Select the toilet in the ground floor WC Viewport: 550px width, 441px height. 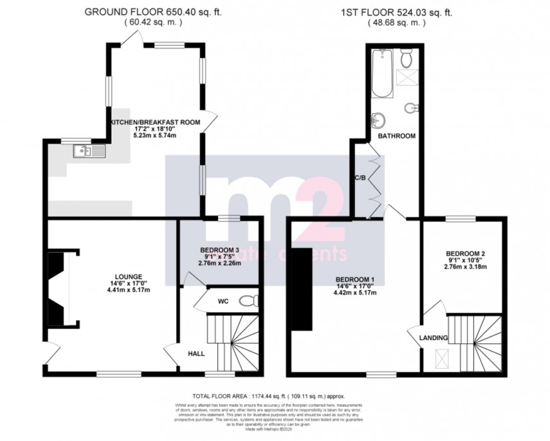click(x=248, y=301)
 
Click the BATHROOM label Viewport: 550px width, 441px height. click(x=396, y=136)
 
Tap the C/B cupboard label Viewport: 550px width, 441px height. click(x=360, y=178)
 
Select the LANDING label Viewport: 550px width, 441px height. click(x=432, y=337)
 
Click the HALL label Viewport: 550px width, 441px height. click(x=196, y=353)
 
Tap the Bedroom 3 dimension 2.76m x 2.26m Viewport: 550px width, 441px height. click(x=219, y=263)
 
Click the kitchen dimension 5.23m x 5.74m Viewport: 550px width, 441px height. click(x=154, y=135)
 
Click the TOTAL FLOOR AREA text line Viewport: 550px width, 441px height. click(x=273, y=395)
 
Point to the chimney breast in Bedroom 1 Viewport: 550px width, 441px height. click(x=301, y=290)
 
